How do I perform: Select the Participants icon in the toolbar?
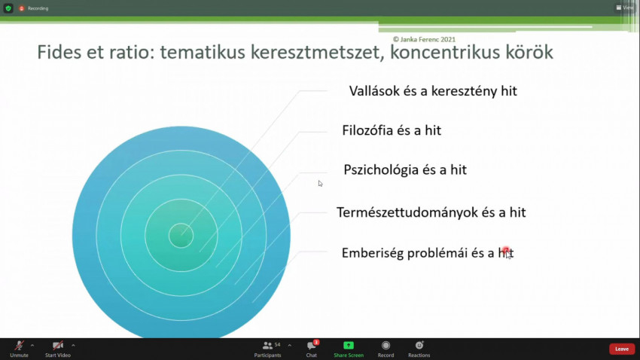click(267, 346)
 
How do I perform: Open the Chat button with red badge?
click(312, 345)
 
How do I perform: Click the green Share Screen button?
click(349, 345)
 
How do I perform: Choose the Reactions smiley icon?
click(419, 345)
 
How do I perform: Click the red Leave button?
click(622, 349)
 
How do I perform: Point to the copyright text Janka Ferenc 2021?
click(424, 39)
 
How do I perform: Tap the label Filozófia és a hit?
click(392, 130)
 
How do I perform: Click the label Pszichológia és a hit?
click(405, 169)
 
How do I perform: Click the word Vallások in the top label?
click(374, 90)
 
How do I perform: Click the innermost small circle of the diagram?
click(181, 236)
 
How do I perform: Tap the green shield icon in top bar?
click(8, 8)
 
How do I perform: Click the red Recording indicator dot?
click(22, 8)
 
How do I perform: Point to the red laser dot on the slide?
click(506, 250)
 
